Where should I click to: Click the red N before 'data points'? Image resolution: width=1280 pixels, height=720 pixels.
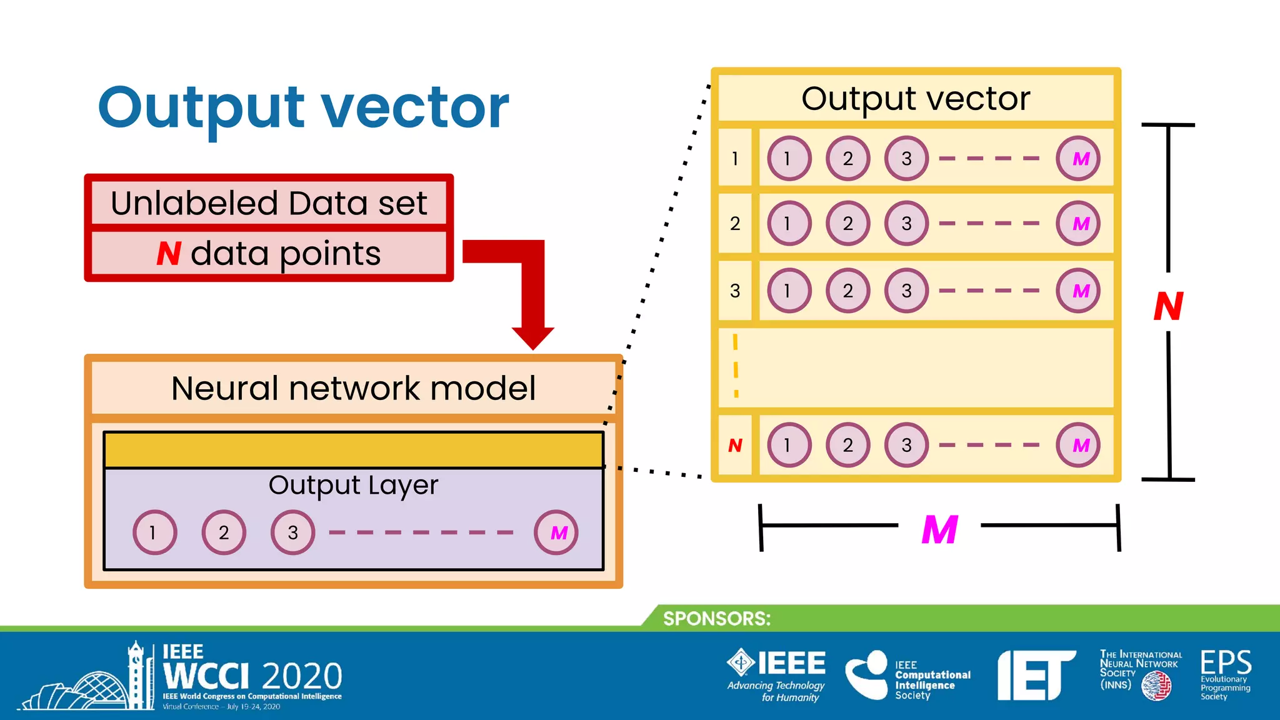pos(169,254)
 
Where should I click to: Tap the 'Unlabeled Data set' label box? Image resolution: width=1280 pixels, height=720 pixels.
pos(269,203)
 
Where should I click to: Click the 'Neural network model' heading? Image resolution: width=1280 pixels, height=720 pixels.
pos(353,388)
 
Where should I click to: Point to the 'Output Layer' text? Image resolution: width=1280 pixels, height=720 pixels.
pos(353,486)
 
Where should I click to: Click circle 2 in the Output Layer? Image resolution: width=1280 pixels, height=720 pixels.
pos(224,532)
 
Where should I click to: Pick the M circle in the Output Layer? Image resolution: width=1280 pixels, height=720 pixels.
pos(556,532)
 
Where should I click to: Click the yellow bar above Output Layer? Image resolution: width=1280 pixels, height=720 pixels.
pos(353,450)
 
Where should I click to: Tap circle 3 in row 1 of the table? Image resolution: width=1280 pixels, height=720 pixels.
pos(906,159)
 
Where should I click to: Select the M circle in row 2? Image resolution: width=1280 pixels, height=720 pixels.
pos(1078,224)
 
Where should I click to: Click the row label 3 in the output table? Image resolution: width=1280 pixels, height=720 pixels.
pos(735,291)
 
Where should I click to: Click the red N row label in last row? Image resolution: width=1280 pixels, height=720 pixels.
pos(735,446)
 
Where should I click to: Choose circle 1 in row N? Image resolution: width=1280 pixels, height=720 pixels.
pos(789,446)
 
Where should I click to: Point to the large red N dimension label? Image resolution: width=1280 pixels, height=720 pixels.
pos(1168,307)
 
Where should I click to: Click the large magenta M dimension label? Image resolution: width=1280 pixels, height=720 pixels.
pos(939,530)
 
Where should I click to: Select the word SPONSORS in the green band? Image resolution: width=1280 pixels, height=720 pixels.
pos(716,619)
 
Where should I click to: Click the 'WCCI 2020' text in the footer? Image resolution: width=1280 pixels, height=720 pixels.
pos(252,676)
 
